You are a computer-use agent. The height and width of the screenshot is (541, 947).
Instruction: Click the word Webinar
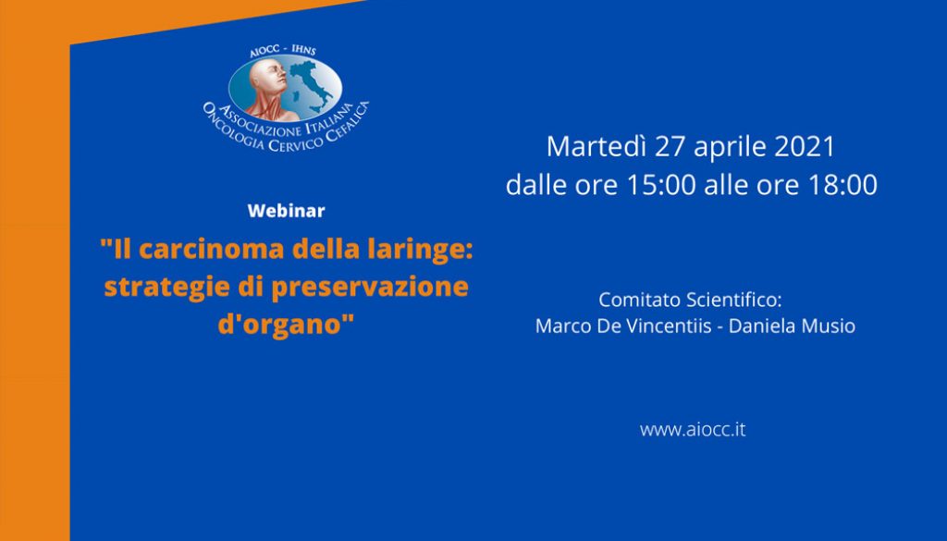click(286, 211)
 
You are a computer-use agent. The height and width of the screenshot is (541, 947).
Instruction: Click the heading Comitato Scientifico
click(690, 300)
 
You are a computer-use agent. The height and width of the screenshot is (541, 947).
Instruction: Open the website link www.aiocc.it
click(693, 430)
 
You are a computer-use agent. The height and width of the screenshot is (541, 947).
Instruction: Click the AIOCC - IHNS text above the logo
click(283, 51)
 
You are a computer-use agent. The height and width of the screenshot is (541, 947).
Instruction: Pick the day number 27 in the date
click(670, 147)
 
